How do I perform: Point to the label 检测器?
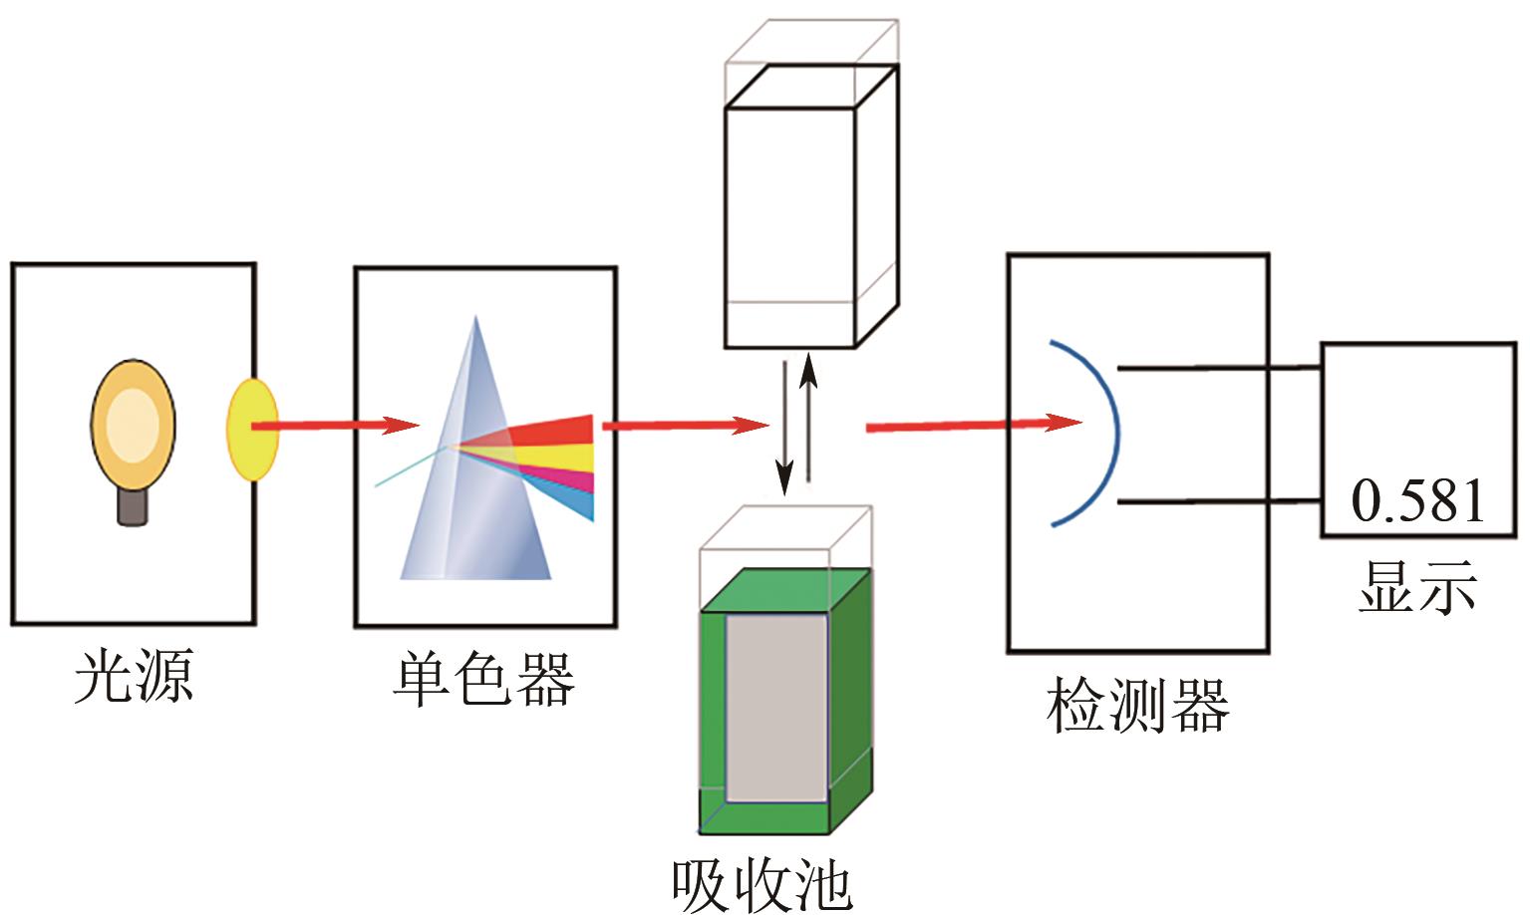pos(1137,706)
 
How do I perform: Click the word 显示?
pos(1417,585)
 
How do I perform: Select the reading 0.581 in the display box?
pos(1417,501)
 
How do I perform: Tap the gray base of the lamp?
pos(133,506)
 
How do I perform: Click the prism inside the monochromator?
pos(476,478)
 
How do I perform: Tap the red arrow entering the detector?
pos(972,425)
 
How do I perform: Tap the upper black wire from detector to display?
pos(1221,368)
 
